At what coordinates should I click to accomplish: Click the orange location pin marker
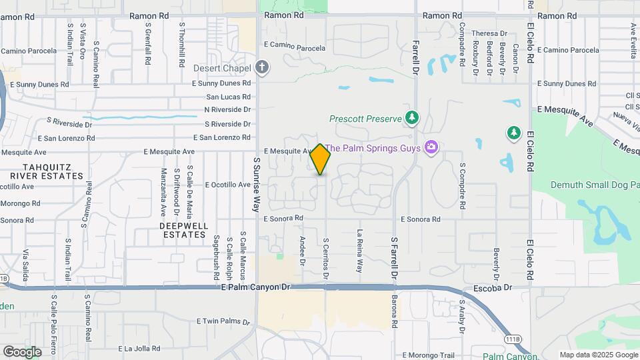tap(321, 159)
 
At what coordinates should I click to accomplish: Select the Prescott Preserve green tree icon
tap(413, 119)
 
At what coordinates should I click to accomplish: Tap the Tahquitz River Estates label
tap(53, 171)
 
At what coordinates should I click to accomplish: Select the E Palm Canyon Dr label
tap(256, 287)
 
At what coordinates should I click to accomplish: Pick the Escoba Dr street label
tap(494, 288)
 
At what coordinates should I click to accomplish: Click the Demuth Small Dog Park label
tap(594, 185)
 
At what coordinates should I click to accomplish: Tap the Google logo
tap(22, 351)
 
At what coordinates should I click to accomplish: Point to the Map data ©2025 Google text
tap(598, 355)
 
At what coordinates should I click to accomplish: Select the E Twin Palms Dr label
tap(223, 321)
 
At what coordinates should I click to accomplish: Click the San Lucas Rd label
tap(227, 96)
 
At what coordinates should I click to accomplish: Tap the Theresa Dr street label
tap(489, 33)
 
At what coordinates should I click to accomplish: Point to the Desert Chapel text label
tap(222, 68)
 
